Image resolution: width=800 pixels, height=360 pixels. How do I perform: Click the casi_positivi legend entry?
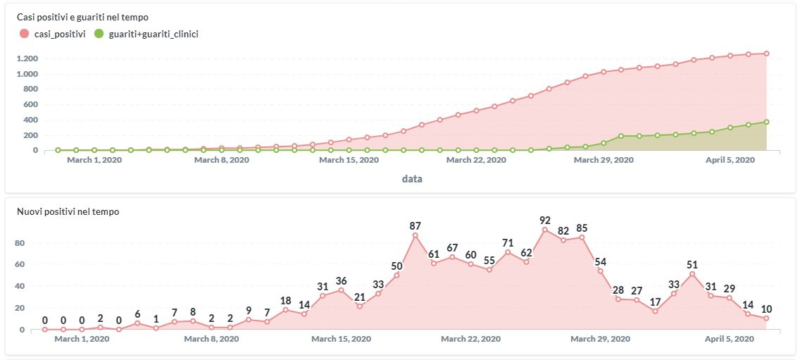54,33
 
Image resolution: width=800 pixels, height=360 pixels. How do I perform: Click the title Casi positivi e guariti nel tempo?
82,16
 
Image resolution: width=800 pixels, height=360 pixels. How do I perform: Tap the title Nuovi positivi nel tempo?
68,211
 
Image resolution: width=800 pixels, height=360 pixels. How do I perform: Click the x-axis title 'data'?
412,179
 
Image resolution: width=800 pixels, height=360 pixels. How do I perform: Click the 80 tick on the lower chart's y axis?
21,243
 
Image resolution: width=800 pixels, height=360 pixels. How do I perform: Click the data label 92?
545,220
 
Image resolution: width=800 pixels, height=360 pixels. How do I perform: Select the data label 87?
415,225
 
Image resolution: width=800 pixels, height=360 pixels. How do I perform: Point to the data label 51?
692,264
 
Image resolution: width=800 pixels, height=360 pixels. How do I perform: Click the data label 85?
582,228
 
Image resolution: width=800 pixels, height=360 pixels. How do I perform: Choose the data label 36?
342,281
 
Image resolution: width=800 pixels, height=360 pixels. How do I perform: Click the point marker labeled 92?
545,230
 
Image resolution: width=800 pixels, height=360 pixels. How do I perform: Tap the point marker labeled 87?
415,235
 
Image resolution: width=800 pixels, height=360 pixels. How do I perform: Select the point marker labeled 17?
655,311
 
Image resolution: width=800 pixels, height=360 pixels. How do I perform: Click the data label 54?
600,261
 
